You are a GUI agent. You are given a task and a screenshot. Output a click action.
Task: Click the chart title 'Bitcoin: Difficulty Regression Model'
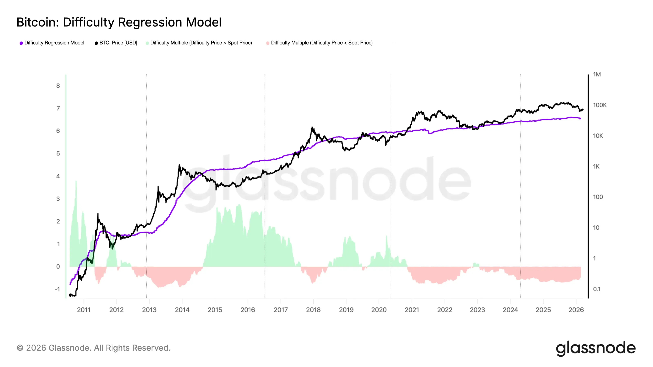tap(119, 22)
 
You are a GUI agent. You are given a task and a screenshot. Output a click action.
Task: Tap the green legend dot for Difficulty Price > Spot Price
tap(147, 43)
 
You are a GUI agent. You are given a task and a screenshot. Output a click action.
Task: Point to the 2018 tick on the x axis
tap(313, 310)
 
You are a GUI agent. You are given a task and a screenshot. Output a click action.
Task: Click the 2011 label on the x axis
tap(84, 310)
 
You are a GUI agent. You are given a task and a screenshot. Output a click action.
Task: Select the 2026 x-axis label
tap(576, 310)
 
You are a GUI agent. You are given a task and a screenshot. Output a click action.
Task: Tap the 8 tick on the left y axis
tap(58, 86)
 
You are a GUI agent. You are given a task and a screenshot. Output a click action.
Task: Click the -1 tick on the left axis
tap(58, 289)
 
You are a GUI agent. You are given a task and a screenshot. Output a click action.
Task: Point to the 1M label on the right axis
tap(597, 74)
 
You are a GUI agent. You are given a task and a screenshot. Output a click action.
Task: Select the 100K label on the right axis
tap(600, 105)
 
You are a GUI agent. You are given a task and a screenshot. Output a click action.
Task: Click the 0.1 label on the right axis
tap(596, 289)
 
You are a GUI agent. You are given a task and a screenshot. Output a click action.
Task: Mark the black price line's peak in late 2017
tap(312, 127)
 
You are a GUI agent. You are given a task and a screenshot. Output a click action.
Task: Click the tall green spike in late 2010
tap(76, 181)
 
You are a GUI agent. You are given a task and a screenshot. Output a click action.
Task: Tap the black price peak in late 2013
tap(180, 165)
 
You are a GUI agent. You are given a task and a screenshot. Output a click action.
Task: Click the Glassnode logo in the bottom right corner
tap(595, 348)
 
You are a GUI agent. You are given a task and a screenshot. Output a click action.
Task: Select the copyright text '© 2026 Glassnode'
tap(93, 348)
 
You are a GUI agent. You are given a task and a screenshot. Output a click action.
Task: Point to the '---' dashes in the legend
tap(394, 43)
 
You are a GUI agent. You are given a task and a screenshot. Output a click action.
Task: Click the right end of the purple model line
tap(580, 118)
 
